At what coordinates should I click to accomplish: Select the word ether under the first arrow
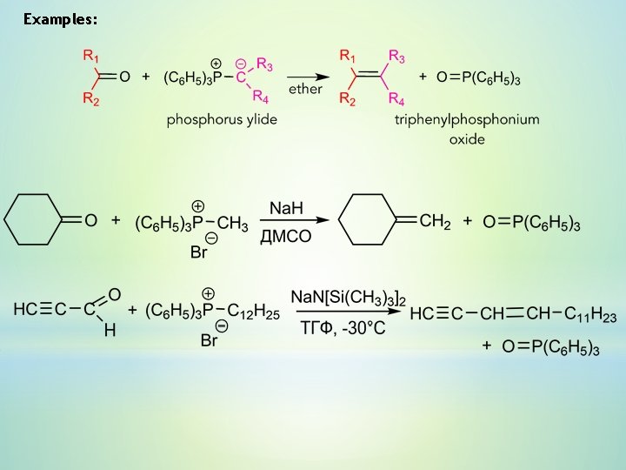pyautogui.click(x=306, y=89)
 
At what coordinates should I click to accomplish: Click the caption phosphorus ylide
pyautogui.click(x=222, y=119)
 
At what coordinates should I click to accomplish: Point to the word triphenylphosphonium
pyautogui.click(x=466, y=119)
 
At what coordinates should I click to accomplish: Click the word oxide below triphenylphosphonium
pyautogui.click(x=466, y=138)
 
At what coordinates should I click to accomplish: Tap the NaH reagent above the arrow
pyautogui.click(x=287, y=208)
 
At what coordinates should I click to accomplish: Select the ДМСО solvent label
pyautogui.click(x=286, y=237)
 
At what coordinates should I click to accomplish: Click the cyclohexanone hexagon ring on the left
pyautogui.click(x=34, y=220)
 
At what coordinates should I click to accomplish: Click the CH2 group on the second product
pyautogui.click(x=435, y=222)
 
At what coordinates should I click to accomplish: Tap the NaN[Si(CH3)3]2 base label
pyautogui.click(x=343, y=297)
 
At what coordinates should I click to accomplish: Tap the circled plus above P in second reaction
pyautogui.click(x=197, y=206)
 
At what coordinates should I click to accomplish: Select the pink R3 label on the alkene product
pyautogui.click(x=396, y=57)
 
